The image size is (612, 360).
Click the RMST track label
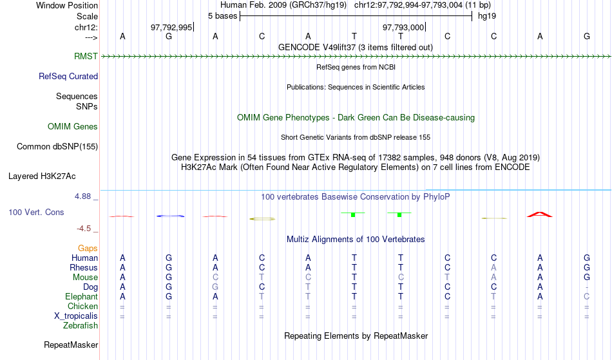pyautogui.click(x=86, y=57)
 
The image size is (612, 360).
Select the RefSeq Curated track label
pyautogui.click(x=68, y=77)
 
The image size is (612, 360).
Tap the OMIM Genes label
pyautogui.click(x=73, y=127)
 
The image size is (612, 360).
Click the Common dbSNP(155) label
pyautogui.click(x=57, y=147)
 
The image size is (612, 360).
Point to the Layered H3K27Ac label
pyautogui.click(x=42, y=176)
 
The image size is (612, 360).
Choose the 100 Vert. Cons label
pyautogui.click(x=36, y=212)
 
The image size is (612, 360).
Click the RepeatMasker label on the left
pyautogui.click(x=71, y=345)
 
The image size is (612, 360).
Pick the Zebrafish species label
pyautogui.click(x=81, y=326)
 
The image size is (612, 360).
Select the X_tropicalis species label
pyautogui.click(x=76, y=316)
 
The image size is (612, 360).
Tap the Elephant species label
pyautogui.click(x=82, y=297)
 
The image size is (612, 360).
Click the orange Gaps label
pyautogui.click(x=88, y=249)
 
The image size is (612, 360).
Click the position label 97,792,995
pyautogui.click(x=171, y=27)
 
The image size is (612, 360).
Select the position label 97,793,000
pyautogui.click(x=403, y=27)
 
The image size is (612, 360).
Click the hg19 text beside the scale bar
pyautogui.click(x=487, y=16)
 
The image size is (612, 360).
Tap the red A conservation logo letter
pyautogui.click(x=540, y=214)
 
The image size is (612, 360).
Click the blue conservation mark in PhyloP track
pyautogui.click(x=170, y=216)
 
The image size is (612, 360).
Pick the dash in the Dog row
pyautogui.click(x=587, y=287)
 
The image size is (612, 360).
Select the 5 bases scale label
pyautogui.click(x=222, y=16)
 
